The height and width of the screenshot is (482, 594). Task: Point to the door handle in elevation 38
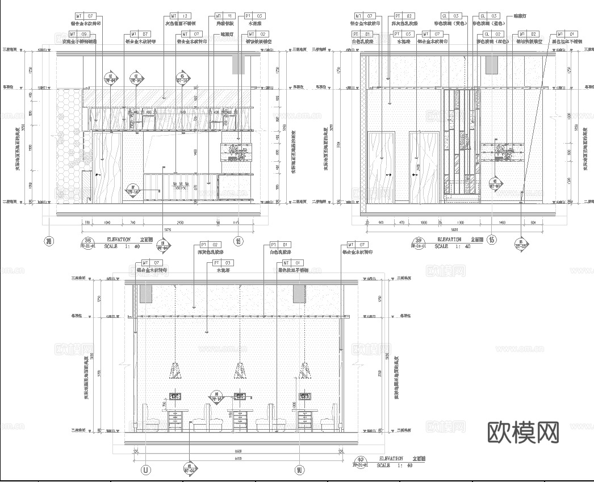97,174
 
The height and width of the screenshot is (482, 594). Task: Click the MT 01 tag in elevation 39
566,34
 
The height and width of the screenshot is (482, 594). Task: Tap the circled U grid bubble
146,470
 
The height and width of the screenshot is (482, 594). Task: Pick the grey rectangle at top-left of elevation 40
145,293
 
